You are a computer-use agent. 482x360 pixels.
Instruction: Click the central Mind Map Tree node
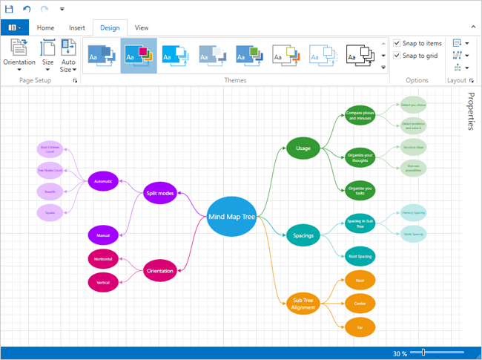pyautogui.click(x=231, y=216)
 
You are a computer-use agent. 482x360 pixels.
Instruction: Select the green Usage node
pyautogui.click(x=303, y=148)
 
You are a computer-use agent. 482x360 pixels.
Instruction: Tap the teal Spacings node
pyautogui.click(x=303, y=237)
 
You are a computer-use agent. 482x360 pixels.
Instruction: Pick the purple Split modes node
pyautogui.click(x=160, y=193)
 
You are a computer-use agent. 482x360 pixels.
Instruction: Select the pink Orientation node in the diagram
pyautogui.click(x=160, y=270)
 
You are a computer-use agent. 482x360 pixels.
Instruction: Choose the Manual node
pyautogui.click(x=102, y=235)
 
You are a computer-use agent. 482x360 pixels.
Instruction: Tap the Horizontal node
pyautogui.click(x=102, y=259)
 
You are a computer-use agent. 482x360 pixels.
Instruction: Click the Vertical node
pyautogui.click(x=102, y=282)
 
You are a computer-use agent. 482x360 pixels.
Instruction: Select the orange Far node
pyautogui.click(x=360, y=326)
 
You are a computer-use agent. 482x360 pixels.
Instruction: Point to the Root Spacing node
pyautogui.click(x=360, y=257)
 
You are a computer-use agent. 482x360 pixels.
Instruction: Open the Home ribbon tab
pyautogui.click(x=46, y=27)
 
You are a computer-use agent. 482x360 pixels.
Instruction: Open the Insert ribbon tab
pyautogui.click(x=77, y=27)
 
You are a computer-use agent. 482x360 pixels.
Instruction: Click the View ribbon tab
pyautogui.click(x=142, y=27)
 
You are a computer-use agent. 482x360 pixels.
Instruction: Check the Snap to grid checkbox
pyautogui.click(x=397, y=56)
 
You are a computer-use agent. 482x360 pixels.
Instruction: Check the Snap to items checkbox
pyautogui.click(x=397, y=43)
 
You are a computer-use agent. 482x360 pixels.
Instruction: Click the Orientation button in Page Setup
pyautogui.click(x=19, y=53)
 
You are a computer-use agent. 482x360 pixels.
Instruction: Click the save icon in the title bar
pyautogui.click(x=10, y=9)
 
